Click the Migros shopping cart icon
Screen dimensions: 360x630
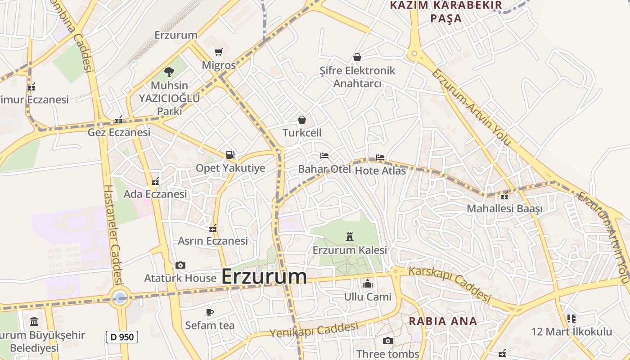[x=218, y=52]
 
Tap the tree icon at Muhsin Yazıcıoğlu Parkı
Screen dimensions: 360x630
[x=169, y=72]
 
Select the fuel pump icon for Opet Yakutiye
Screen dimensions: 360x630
[x=230, y=155]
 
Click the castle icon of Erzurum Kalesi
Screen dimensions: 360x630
[x=349, y=236]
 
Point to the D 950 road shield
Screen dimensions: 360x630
[x=122, y=337]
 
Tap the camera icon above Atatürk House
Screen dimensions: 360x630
[x=180, y=265]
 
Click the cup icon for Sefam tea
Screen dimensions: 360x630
[x=209, y=312]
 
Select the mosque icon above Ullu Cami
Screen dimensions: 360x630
[x=368, y=284]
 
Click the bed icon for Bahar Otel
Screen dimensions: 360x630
[x=324, y=156]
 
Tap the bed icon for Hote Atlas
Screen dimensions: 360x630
[x=380, y=157]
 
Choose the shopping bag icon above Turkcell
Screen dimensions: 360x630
[x=302, y=120]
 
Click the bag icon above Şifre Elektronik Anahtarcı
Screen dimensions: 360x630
[x=357, y=57]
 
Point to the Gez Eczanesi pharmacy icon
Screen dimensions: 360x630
[x=119, y=120]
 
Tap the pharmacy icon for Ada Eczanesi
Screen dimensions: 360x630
[x=155, y=181]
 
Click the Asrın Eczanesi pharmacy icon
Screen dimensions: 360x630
[x=213, y=228]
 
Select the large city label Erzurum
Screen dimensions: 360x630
[x=264, y=276]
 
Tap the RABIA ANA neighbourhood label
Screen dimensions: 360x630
[x=442, y=321]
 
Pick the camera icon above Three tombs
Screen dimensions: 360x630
[x=387, y=341]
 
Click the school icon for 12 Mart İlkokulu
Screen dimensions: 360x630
[x=571, y=319]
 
